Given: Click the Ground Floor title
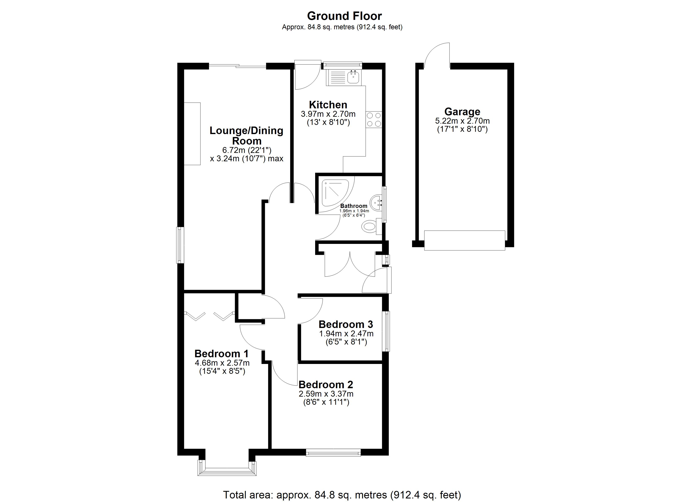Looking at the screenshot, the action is click(344, 16).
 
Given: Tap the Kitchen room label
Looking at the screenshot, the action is click(328, 105).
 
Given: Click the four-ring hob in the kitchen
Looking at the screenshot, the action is click(374, 119).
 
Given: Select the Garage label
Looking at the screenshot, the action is click(462, 112).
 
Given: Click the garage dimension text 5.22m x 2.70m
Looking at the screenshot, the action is click(462, 121).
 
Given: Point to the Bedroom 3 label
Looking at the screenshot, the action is click(346, 324).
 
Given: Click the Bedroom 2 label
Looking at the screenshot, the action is click(326, 384).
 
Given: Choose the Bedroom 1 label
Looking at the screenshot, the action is click(222, 353).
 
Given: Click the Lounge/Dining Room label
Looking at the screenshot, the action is click(246, 136).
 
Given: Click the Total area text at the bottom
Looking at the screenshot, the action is click(342, 495).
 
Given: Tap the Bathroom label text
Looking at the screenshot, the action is click(354, 206).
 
